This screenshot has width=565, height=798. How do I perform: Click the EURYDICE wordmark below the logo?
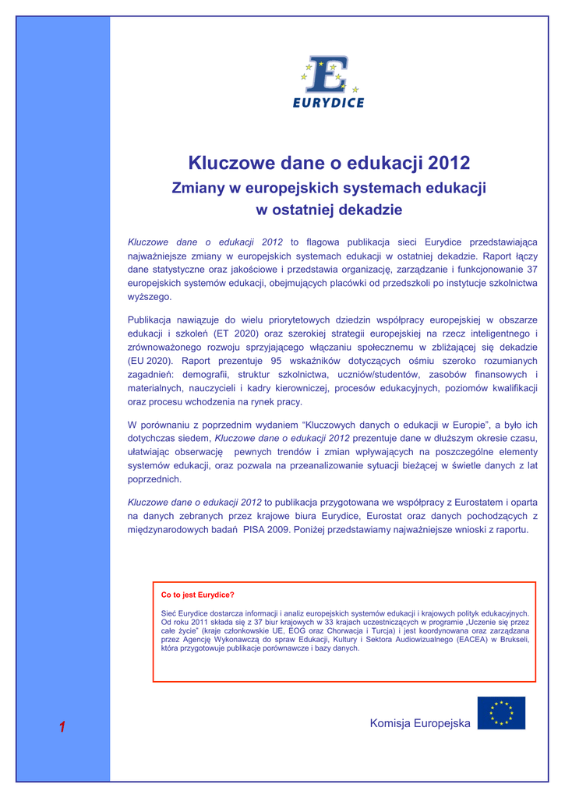click(328, 102)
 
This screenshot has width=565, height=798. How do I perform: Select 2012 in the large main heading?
click(443, 163)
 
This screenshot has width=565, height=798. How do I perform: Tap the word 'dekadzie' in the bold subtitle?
click(369, 210)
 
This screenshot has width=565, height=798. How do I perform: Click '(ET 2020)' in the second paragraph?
click(229, 333)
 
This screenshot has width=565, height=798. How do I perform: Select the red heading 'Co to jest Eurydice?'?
click(197, 595)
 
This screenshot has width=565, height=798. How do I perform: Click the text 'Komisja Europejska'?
click(420, 723)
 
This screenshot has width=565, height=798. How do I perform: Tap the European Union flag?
click(501, 713)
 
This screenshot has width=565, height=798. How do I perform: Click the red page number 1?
click(62, 727)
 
